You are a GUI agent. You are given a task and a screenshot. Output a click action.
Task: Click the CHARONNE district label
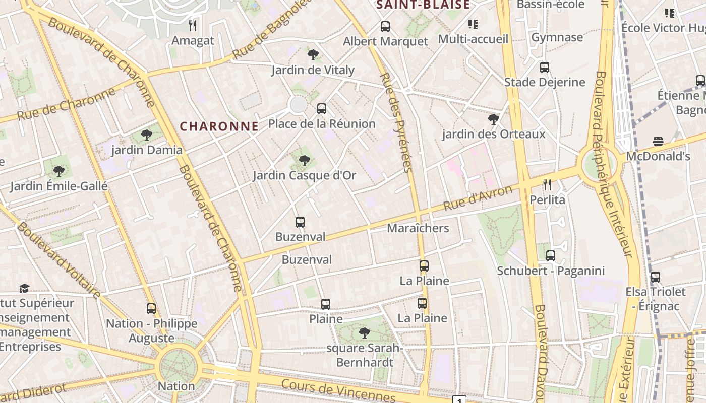point(219,126)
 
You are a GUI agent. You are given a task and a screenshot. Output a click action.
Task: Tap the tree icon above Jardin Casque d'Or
point(304,161)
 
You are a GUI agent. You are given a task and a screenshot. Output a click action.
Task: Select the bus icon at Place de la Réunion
point(322,108)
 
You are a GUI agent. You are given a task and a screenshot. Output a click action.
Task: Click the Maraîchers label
point(418,228)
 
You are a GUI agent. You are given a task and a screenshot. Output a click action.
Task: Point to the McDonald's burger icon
point(658,142)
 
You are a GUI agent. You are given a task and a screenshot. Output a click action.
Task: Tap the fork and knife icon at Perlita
point(547,185)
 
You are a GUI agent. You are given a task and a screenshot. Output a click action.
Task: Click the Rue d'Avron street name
point(478,197)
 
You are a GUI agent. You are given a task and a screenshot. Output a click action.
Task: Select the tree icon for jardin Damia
point(147,135)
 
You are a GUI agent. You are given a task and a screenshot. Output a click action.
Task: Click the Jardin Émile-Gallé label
point(59,186)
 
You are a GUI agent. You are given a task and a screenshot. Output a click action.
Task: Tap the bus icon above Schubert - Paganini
point(551,256)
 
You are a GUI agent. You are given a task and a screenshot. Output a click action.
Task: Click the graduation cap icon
point(24,288)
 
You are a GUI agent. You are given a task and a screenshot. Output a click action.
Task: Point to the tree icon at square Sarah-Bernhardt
point(364,332)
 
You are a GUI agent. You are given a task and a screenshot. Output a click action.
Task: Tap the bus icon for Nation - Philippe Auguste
point(151,309)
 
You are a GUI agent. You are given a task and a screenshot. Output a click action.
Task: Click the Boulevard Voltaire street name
point(58,258)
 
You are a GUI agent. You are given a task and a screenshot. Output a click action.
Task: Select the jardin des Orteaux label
point(494,134)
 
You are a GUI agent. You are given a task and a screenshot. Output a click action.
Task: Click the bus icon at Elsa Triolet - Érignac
point(656,277)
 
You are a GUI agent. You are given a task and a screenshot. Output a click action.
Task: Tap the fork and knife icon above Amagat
point(192,25)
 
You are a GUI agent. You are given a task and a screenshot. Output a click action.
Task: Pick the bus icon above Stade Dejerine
point(545,68)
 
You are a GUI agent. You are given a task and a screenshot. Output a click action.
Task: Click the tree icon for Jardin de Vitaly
point(313,54)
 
